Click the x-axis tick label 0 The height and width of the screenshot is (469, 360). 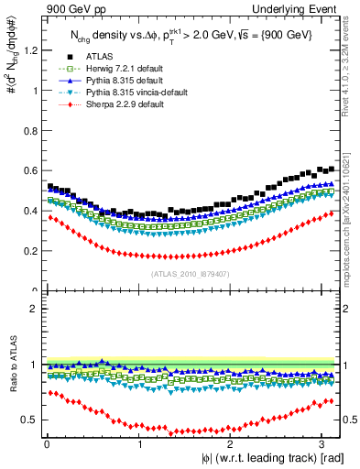47,445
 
